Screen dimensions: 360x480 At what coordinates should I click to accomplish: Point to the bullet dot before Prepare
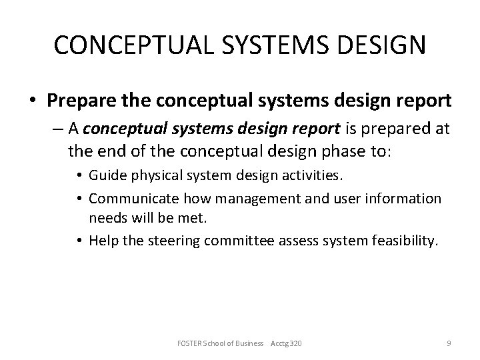pyautogui.click(x=32, y=101)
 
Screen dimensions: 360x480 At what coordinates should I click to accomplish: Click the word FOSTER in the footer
pyautogui.click(x=191, y=343)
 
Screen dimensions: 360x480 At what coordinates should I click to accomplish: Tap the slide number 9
pyautogui.click(x=449, y=343)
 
